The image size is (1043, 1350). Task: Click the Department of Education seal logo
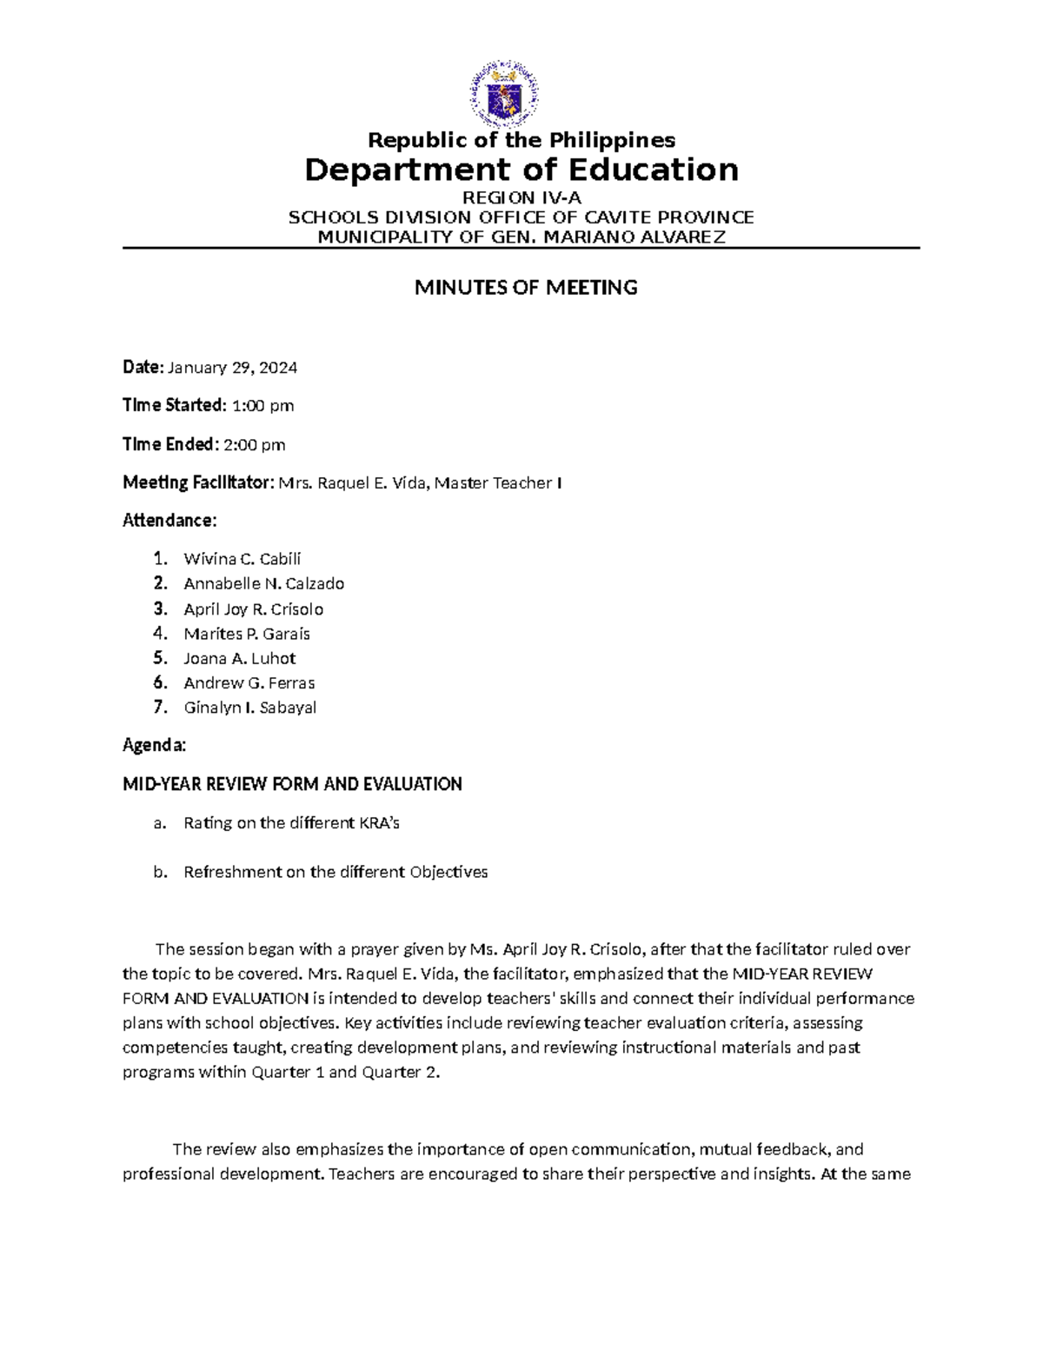[x=504, y=93]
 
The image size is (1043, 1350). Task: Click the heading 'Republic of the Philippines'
[x=521, y=140]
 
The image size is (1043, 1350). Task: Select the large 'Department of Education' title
[x=521, y=170]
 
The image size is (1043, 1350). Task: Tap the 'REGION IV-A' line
[x=521, y=198]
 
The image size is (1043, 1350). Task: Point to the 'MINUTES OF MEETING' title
[x=526, y=288]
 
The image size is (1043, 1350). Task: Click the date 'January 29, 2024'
[x=232, y=368]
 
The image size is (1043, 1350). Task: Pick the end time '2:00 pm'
[x=255, y=445]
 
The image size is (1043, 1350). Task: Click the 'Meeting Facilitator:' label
[x=198, y=482]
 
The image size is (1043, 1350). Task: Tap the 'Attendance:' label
[x=169, y=521]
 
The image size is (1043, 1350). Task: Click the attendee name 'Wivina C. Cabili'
[x=242, y=559]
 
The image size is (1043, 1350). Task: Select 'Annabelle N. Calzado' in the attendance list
[x=264, y=583]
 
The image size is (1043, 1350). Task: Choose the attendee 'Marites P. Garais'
[x=247, y=634]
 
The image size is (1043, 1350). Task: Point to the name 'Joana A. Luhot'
[x=240, y=658]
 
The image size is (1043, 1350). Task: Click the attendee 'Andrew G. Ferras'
[x=249, y=683]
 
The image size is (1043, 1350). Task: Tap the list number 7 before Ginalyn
[x=158, y=707]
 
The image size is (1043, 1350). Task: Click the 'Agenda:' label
[x=154, y=746]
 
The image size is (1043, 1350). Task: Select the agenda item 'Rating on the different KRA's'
[x=291, y=822]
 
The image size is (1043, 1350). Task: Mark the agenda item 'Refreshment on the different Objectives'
[x=335, y=872]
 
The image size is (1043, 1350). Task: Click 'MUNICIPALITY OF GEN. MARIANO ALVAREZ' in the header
[x=521, y=237]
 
